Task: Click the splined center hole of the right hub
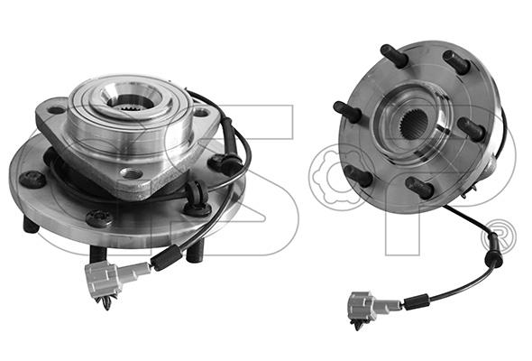pyautogui.click(x=413, y=124)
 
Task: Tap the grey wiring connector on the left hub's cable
pyautogui.click(x=111, y=278)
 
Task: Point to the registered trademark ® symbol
pyautogui.click(x=499, y=236)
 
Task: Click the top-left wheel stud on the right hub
pyautogui.click(x=394, y=55)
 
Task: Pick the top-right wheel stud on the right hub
pyautogui.click(x=456, y=61)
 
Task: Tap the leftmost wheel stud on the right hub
pyautogui.click(x=347, y=112)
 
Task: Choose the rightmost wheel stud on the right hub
pyautogui.click(x=472, y=129)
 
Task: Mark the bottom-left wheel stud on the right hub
pyautogui.click(x=358, y=176)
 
